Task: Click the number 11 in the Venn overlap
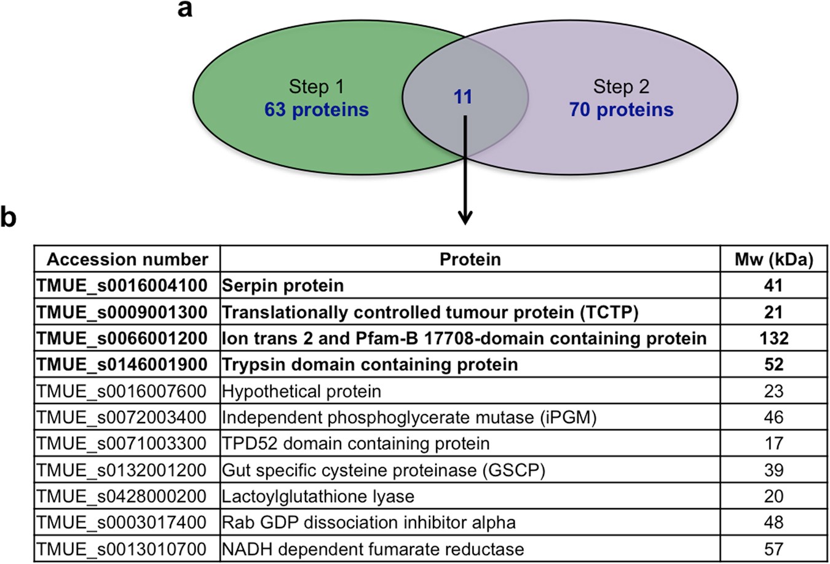tap(463, 97)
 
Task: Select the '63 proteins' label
tap(317, 110)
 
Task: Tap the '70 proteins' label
tap(621, 110)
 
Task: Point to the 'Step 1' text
tap(317, 87)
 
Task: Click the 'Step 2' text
tap(621, 87)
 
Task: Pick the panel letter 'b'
tap(9, 218)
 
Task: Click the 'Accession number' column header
tap(127, 260)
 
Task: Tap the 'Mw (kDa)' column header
tap(773, 260)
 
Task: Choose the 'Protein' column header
tap(470, 260)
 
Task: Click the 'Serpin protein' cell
tap(283, 286)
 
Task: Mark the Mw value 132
tap(773, 338)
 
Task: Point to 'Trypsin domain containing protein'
tap(370, 365)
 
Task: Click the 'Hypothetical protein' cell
tap(301, 391)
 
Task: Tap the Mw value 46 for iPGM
tap(773, 418)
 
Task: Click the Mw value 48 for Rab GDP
tap(773, 522)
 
